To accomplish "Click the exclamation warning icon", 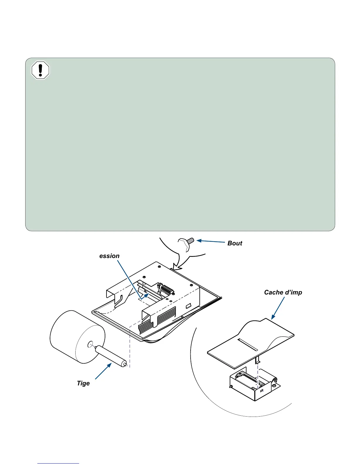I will click(40, 70).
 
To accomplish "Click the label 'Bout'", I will click(235, 243).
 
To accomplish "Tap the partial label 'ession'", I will click(109, 256).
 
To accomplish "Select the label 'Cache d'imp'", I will click(283, 292).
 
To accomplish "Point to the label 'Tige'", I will click(83, 383).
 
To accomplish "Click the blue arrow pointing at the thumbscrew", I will click(211, 241).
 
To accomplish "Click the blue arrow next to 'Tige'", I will click(103, 371).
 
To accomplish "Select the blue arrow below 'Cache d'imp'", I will click(278, 308).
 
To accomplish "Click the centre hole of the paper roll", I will click(90, 344).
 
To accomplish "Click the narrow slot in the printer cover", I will click(248, 344).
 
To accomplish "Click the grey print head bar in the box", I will click(250, 378).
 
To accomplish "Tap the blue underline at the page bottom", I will click(58, 463).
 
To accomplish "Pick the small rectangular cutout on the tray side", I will click(188, 306).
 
